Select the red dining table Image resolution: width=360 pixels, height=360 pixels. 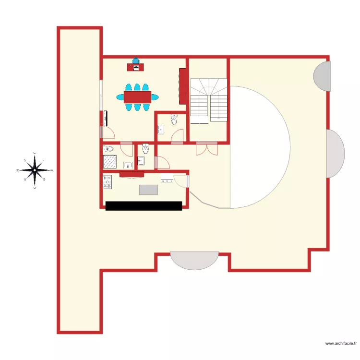[x=138, y=97]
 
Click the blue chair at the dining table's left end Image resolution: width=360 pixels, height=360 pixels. [x=120, y=97]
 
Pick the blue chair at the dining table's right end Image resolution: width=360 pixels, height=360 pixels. [x=155, y=97]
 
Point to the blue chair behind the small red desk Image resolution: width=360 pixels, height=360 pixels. [x=136, y=61]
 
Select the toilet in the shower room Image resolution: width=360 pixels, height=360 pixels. [x=108, y=148]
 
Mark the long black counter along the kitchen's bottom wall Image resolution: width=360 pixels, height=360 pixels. [x=144, y=205]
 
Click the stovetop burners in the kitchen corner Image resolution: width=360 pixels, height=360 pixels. [x=107, y=182]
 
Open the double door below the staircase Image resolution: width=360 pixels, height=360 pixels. [x=207, y=149]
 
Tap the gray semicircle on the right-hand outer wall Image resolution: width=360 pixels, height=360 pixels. [x=336, y=154]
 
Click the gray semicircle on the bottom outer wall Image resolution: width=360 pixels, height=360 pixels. [x=194, y=261]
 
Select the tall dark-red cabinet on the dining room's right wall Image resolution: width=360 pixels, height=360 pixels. [x=182, y=86]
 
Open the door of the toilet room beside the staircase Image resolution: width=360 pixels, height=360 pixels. [x=177, y=136]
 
